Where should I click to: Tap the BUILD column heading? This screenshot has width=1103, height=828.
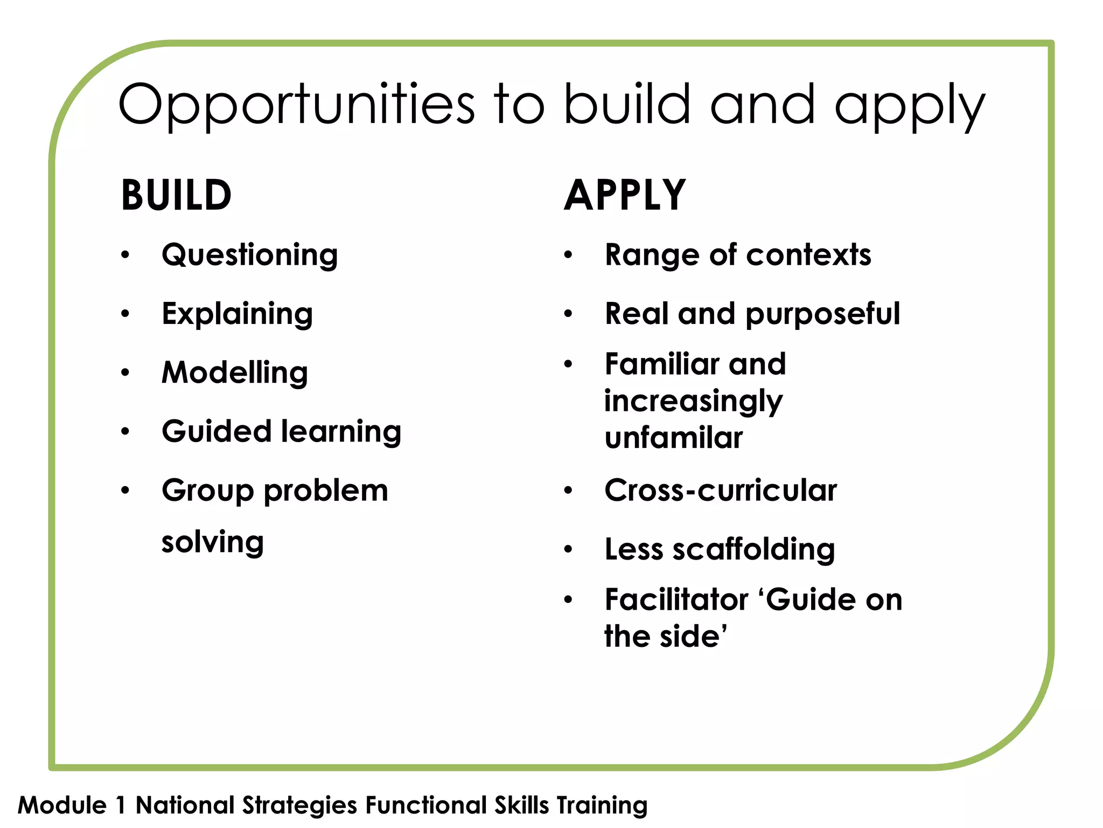pos(176,195)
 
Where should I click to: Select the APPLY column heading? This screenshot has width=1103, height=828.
pos(625,195)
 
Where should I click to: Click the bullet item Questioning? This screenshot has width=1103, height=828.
pos(250,255)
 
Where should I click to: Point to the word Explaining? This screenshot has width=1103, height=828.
pos(237,314)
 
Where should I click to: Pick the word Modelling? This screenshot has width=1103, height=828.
pos(235,372)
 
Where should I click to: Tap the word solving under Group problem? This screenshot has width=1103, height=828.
pos(213,542)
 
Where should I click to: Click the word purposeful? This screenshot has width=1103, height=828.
pos(822,314)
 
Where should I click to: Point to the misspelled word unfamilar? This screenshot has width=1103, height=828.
pos(673,438)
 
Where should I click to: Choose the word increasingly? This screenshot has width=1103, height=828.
pos(693,402)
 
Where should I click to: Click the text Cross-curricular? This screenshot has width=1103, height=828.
pos(721,491)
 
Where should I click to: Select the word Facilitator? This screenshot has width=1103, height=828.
pos(676,599)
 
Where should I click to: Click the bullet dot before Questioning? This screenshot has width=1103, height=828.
pos(125,255)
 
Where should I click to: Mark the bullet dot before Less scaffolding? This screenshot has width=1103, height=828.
pos(568,550)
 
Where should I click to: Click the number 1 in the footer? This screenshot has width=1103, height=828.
pos(121,805)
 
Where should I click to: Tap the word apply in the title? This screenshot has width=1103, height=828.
pos(910,105)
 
